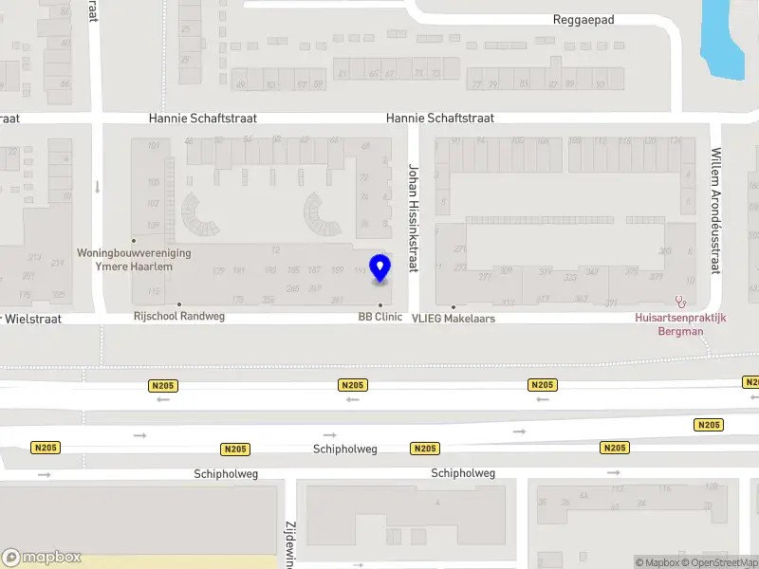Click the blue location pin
coord(379,267)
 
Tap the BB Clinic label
coord(379,317)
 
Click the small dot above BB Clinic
coord(380,304)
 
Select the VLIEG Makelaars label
coord(454,319)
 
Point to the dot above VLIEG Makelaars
coord(454,307)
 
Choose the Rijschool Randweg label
coord(179,316)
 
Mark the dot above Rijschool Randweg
coord(179,304)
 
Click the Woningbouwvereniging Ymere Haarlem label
coord(134,260)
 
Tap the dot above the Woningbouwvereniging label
coord(134,240)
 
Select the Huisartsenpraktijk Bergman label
coord(680,324)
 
